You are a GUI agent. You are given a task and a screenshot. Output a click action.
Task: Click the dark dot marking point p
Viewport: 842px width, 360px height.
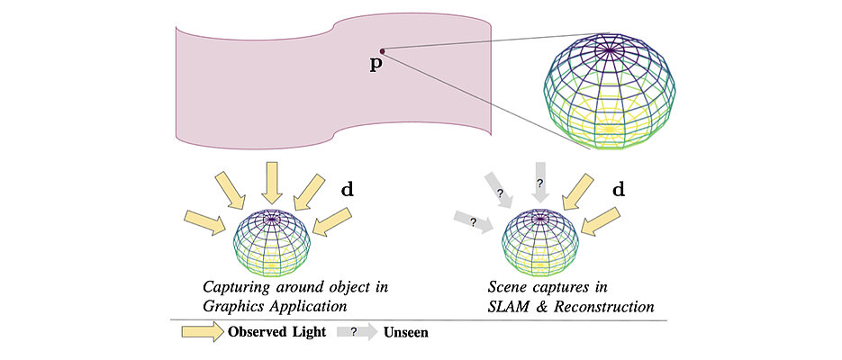(x=383, y=50)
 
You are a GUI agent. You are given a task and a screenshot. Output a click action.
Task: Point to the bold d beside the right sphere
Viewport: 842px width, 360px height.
(x=619, y=191)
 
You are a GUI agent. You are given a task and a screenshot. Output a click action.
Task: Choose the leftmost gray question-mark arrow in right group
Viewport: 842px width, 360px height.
(x=473, y=221)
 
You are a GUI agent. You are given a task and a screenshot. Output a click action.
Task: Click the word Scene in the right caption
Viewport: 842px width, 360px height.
(x=511, y=288)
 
